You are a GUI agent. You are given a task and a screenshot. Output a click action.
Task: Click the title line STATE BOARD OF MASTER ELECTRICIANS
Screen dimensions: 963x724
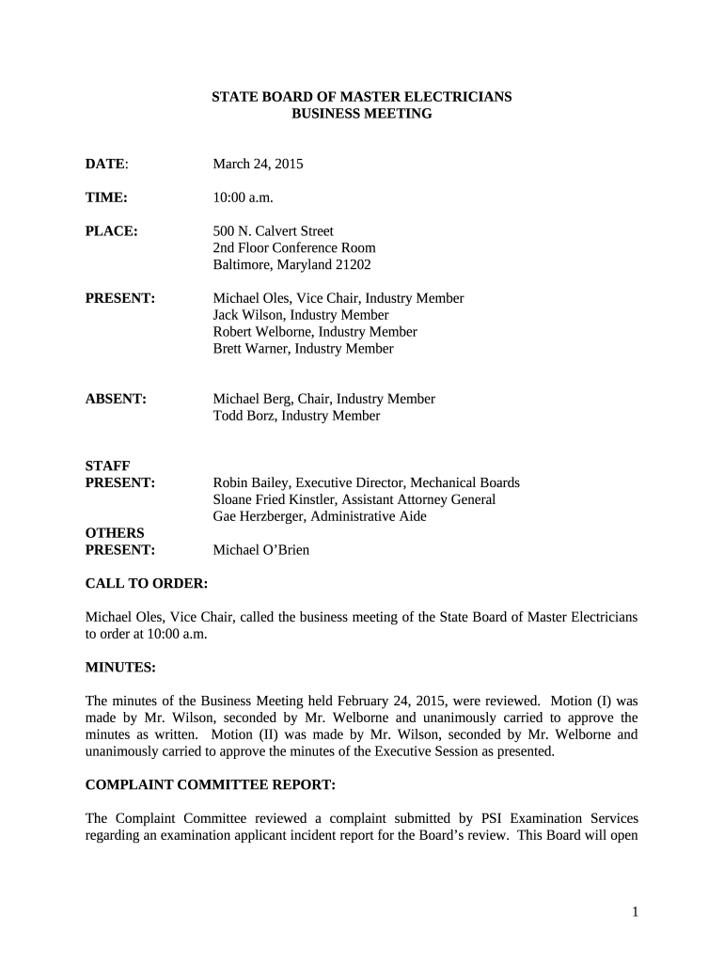coord(361,97)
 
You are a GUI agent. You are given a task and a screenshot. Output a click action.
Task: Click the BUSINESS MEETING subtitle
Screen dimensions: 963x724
coord(361,114)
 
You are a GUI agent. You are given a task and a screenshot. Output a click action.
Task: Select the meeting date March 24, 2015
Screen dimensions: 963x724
coord(258,164)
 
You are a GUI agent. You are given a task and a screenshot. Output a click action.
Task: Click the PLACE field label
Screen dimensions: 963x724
coord(112,231)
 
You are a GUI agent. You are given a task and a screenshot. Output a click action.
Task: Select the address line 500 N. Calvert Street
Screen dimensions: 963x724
coord(273,231)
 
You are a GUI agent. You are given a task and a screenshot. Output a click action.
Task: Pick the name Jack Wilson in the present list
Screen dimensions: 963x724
coord(248,315)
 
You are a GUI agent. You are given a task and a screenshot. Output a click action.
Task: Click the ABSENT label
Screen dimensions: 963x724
coord(116,399)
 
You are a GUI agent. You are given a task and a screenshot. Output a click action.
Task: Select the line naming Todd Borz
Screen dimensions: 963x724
coord(296,416)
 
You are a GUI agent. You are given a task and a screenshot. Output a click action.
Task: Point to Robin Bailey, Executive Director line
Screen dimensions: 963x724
coord(366,482)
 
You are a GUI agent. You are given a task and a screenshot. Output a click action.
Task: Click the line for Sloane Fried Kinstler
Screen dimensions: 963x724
coord(354,499)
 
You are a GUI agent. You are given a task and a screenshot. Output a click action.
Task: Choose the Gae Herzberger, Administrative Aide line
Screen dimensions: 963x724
coord(319,516)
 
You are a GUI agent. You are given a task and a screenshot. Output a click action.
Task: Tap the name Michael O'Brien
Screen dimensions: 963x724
coord(260,550)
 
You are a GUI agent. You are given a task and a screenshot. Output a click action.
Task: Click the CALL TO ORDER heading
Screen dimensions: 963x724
coord(147,583)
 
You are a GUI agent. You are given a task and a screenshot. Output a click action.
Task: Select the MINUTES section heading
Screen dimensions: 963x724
coord(120,667)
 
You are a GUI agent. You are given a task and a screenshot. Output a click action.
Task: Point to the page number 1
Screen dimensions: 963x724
coord(636,911)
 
